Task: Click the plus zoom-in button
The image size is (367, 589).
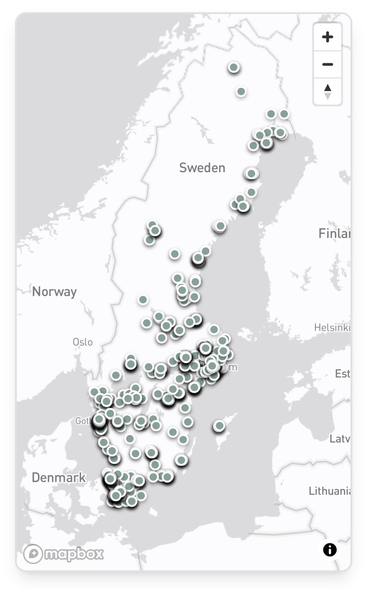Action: pyautogui.click(x=328, y=37)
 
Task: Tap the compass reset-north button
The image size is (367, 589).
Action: pyautogui.click(x=328, y=91)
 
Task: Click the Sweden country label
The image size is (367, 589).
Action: pyautogui.click(x=202, y=168)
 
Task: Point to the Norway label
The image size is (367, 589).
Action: pyautogui.click(x=55, y=292)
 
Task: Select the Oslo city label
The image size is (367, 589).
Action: pyautogui.click(x=83, y=342)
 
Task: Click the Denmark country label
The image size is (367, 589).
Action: pyautogui.click(x=58, y=478)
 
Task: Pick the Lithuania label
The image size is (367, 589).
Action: pyautogui.click(x=330, y=491)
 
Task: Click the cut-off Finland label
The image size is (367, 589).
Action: pyautogui.click(x=335, y=233)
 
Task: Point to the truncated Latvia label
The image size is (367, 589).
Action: pyautogui.click(x=339, y=439)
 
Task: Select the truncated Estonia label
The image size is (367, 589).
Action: pyautogui.click(x=342, y=374)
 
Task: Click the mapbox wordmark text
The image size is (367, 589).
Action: pyautogui.click(x=74, y=554)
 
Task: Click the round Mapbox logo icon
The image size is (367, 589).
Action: pyautogui.click(x=32, y=554)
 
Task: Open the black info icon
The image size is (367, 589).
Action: pyautogui.click(x=330, y=550)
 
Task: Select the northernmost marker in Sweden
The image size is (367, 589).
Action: pyautogui.click(x=234, y=67)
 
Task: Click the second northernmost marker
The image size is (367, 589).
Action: pyautogui.click(x=241, y=91)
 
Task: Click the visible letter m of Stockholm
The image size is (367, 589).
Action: pyautogui.click(x=233, y=367)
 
